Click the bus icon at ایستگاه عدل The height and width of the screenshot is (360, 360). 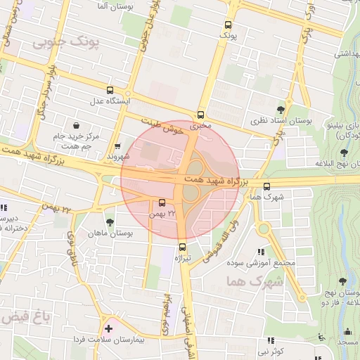click(x=109, y=90)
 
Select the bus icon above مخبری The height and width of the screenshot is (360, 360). click(x=201, y=115)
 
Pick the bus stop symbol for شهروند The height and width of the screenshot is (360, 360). click(x=117, y=146)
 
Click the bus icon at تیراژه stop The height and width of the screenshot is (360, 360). click(x=183, y=247)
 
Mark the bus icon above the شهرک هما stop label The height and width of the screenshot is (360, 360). click(x=266, y=186)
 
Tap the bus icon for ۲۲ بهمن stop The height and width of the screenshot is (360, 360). click(x=163, y=204)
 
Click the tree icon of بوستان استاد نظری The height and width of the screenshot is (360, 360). click(x=281, y=110)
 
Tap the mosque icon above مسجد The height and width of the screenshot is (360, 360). click(x=347, y=332)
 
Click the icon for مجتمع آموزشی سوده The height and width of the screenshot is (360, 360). click(x=261, y=252)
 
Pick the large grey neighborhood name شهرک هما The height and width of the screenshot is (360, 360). click(x=254, y=282)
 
